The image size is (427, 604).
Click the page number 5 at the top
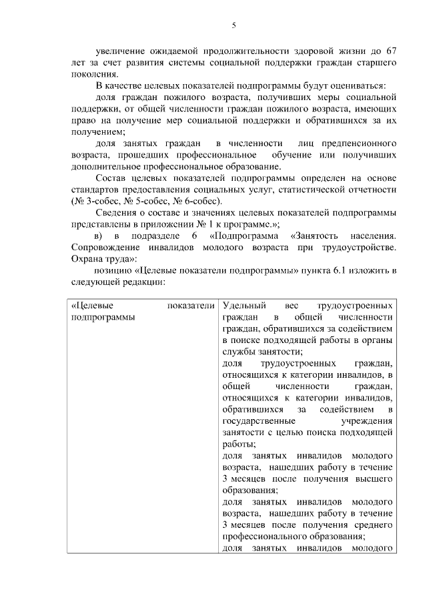click(234, 25)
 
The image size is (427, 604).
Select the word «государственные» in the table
click(255, 420)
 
